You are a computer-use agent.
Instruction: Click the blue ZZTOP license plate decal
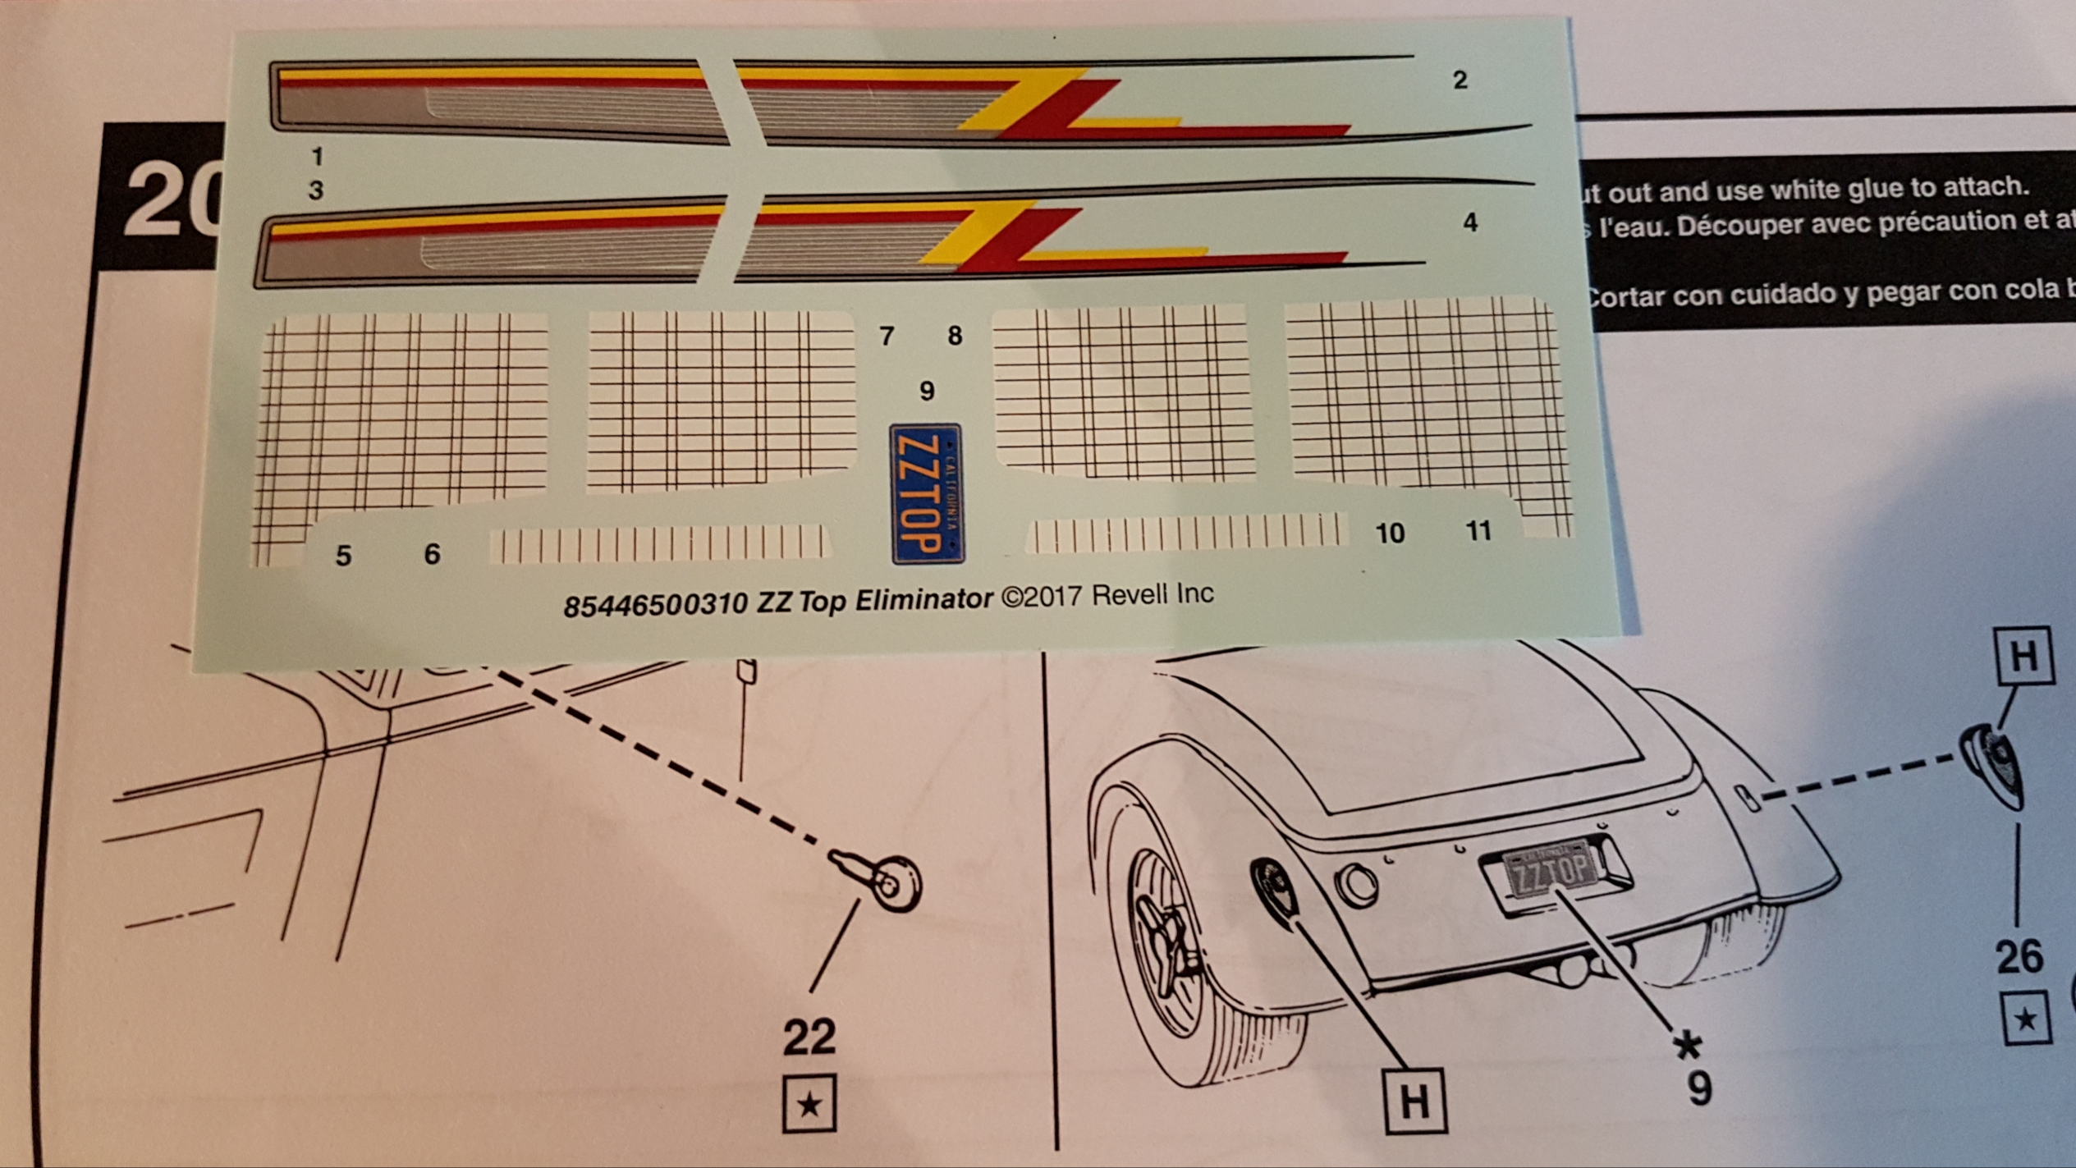click(926, 494)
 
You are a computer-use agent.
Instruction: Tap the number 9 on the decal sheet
click(927, 391)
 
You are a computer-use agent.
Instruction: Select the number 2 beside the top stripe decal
click(1460, 80)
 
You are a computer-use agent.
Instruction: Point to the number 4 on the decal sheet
click(1470, 222)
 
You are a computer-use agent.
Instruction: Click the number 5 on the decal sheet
click(343, 556)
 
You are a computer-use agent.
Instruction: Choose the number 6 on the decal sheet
click(432, 554)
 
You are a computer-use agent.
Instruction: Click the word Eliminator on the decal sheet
click(923, 600)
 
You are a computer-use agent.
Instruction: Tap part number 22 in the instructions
click(809, 1037)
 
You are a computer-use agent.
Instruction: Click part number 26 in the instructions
click(2019, 957)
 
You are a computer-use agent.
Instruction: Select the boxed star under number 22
click(809, 1104)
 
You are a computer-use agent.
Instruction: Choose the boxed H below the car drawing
click(1414, 1101)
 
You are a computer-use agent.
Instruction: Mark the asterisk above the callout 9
click(1688, 1046)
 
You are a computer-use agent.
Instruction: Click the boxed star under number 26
click(2026, 1019)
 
